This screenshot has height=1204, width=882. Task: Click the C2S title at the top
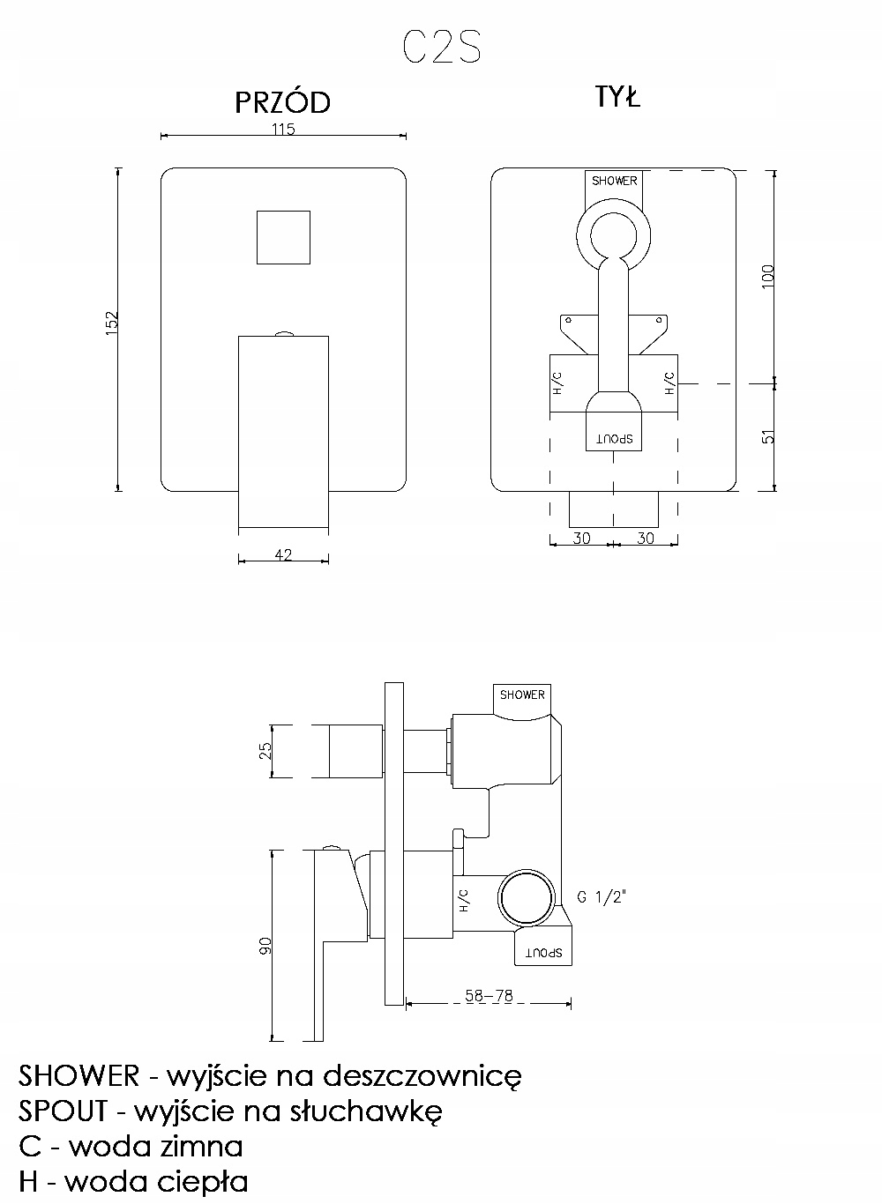click(x=442, y=47)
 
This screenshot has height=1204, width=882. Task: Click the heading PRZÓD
click(x=283, y=102)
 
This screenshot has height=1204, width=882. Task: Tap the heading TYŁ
click(x=617, y=97)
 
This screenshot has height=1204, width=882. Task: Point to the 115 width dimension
click(x=283, y=129)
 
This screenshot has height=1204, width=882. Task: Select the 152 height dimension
click(x=112, y=323)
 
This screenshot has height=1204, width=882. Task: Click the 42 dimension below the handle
click(x=283, y=554)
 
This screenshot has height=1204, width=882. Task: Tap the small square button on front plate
click(x=283, y=237)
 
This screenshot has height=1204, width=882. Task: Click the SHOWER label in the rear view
click(x=614, y=181)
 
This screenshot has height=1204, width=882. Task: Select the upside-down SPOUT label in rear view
click(x=614, y=438)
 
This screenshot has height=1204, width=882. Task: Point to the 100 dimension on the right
click(x=768, y=276)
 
